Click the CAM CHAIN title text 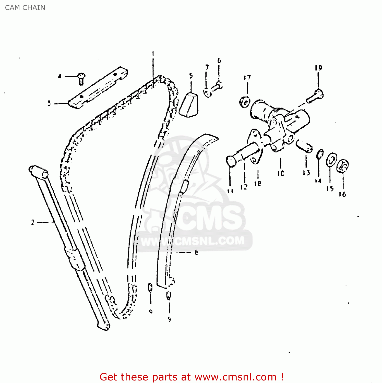tap(25, 8)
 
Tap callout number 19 tap(318, 68)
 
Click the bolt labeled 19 tap(316, 96)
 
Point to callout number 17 tap(247, 77)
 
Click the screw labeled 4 tap(81, 78)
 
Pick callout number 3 tap(49, 103)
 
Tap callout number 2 tap(33, 222)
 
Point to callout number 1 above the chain tap(153, 54)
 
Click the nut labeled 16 tap(343, 166)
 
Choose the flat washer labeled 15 tap(331, 160)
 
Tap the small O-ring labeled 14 tap(320, 154)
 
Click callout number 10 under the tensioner tap(281, 173)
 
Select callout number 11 tap(230, 190)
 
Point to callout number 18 tap(258, 183)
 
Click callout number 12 tap(244, 187)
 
